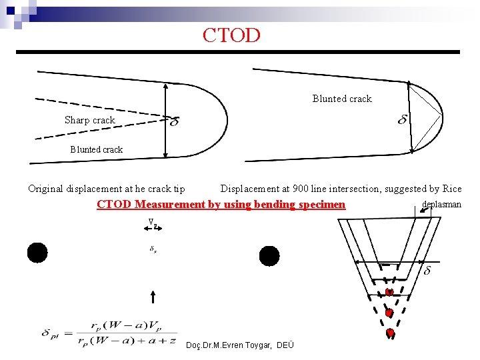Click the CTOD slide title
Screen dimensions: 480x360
tap(231, 35)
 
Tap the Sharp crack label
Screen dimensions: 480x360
tap(89, 120)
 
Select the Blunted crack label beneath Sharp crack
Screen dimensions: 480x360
tap(96, 149)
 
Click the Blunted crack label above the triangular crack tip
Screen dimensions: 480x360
tap(342, 99)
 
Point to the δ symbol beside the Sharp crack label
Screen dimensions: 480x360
tap(174, 122)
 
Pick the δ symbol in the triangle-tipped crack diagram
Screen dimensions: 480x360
tap(403, 119)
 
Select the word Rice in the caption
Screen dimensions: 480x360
tap(451, 189)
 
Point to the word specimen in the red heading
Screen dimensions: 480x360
tap(320, 204)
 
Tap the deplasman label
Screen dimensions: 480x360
tap(441, 204)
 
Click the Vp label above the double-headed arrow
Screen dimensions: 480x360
tap(153, 221)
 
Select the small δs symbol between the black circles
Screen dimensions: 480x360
tap(153, 249)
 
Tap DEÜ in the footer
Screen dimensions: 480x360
tap(284, 344)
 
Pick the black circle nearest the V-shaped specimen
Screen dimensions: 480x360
tap(269, 255)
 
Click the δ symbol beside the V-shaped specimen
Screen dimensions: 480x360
tap(427, 271)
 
